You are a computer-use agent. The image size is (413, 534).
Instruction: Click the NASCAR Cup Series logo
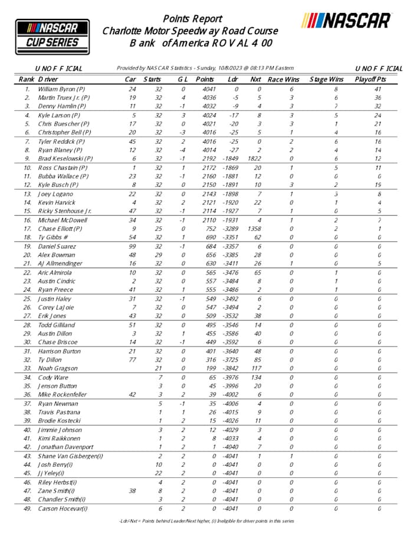coord(48,34)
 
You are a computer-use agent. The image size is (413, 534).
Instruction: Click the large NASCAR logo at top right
coord(346,21)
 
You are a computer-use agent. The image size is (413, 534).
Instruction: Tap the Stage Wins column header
coord(327,78)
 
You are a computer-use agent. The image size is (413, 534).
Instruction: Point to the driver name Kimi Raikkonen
coord(62,438)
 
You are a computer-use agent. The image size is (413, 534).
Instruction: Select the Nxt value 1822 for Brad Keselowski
coord(254,159)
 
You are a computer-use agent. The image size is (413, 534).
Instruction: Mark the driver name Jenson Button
coord(59,386)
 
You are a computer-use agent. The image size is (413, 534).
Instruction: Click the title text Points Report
coord(192,19)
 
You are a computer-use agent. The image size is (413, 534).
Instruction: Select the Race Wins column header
coord(283,78)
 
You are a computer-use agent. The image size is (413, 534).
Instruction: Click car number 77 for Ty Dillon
coord(133,360)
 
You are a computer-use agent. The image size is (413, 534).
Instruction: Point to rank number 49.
coord(27,509)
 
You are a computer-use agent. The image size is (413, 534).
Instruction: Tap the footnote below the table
coord(206,520)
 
